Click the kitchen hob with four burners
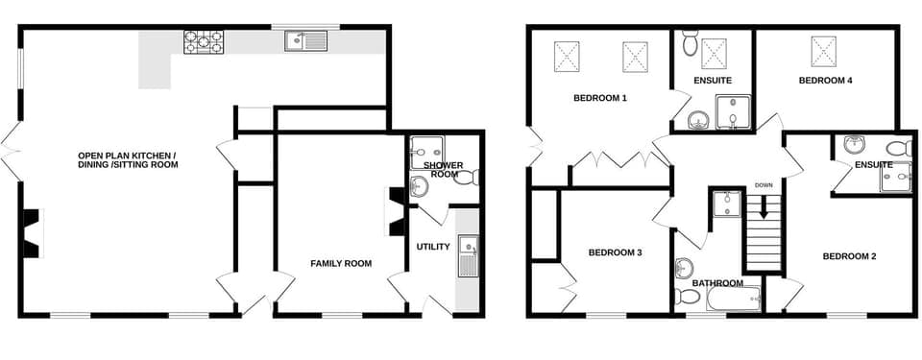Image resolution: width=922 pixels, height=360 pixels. pos(204,41)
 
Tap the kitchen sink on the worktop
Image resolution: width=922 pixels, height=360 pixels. pos(305,41)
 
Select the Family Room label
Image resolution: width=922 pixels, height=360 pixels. pos(341,263)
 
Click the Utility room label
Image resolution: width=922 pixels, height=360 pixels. pos(433,247)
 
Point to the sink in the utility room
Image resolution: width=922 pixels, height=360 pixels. pos(468,255)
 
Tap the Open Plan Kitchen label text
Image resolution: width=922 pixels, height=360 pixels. pos(128,159)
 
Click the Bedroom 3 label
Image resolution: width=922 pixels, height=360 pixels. pos(615,252)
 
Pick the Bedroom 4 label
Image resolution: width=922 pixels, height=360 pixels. pos(826,81)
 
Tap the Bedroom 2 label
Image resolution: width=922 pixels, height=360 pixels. pos(850,256)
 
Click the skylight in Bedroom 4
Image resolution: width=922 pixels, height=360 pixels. pos(823,48)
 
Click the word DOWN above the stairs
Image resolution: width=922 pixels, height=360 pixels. pos(764,185)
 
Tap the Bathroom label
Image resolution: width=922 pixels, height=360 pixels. pos(717,283)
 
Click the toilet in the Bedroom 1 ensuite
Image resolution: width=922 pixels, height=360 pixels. pos(690,42)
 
